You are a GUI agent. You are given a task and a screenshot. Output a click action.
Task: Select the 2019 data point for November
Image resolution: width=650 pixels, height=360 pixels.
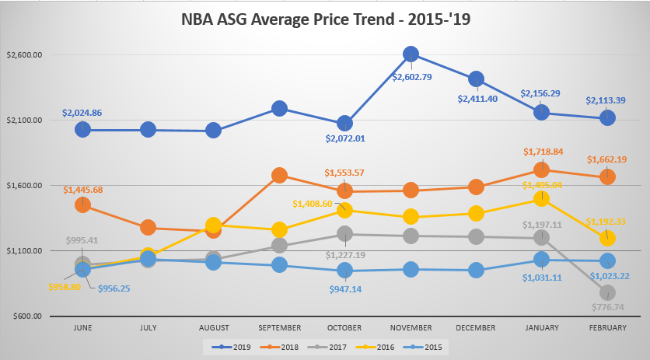(411, 54)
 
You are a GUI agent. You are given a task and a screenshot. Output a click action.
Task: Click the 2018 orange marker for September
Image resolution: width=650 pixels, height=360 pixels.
(280, 176)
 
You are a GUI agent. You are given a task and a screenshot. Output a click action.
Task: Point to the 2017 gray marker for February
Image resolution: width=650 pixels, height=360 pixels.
(607, 292)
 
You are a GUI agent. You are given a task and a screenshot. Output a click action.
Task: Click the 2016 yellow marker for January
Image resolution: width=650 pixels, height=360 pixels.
(542, 199)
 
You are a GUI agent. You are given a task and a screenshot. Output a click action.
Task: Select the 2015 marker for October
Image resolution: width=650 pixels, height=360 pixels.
(345, 271)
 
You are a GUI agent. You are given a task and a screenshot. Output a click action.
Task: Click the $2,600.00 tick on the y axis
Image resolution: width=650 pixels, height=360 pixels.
(23, 55)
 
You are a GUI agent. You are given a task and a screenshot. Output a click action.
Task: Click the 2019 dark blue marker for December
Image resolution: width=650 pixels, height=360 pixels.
(476, 79)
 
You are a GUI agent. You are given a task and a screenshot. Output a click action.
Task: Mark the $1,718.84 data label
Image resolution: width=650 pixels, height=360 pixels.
(543, 152)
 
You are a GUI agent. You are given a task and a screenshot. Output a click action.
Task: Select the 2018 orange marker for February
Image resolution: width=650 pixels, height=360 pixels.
(607, 177)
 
